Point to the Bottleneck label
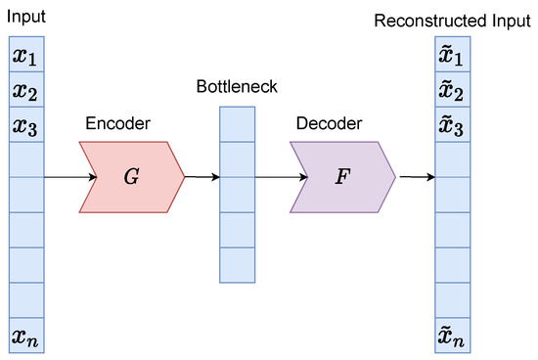click(237, 87)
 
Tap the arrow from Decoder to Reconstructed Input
click(415, 177)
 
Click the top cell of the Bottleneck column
click(237, 124)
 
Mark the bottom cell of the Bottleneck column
click(237, 265)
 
